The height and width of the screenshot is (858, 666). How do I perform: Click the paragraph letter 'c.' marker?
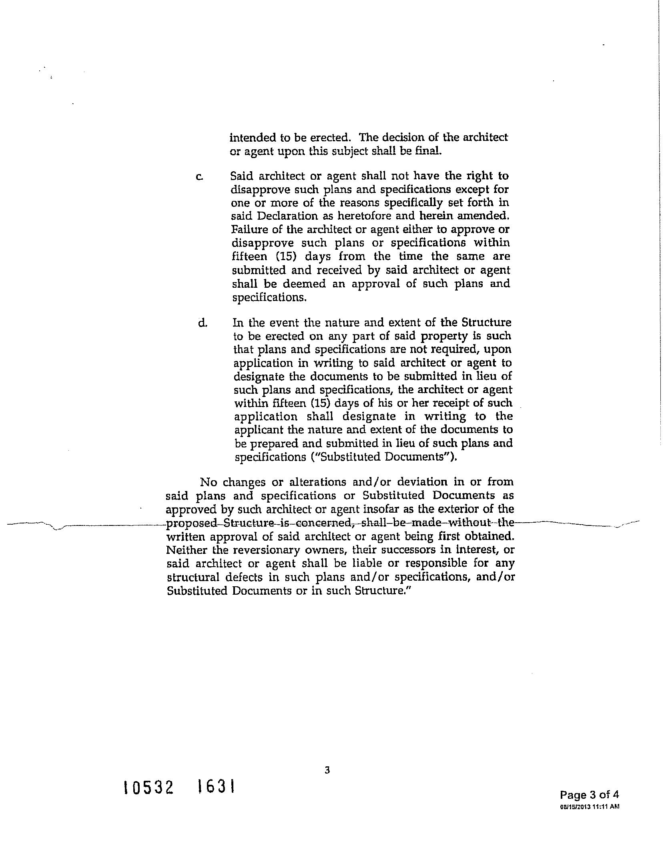coord(199,176)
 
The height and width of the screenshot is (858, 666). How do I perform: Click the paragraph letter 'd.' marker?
coord(203,323)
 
